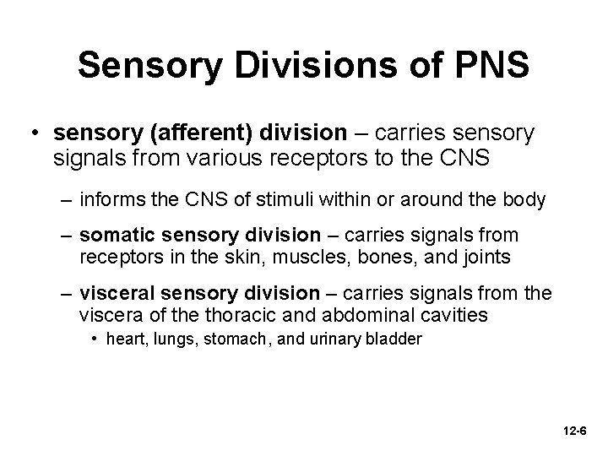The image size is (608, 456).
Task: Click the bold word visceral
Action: coord(117,293)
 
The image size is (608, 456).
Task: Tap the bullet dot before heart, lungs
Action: coord(95,339)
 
